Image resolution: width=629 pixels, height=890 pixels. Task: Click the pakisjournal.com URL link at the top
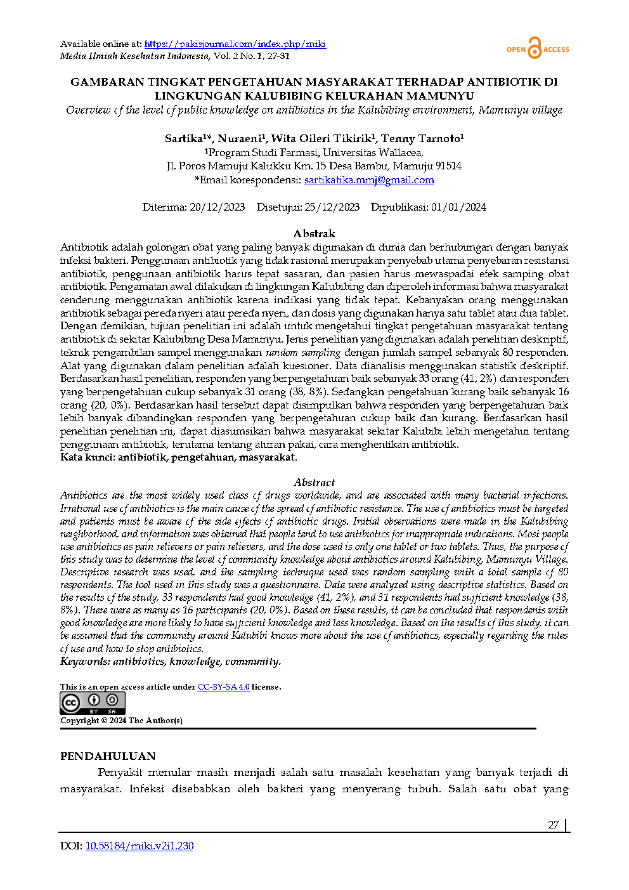point(235,44)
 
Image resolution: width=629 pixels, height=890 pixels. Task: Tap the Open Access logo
point(538,49)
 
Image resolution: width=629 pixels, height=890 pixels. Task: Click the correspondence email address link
point(369,180)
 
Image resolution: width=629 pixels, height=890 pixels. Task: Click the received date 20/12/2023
point(217,207)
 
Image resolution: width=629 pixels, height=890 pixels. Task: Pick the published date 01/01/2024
point(458,207)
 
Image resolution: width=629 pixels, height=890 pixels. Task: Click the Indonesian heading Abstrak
point(314,233)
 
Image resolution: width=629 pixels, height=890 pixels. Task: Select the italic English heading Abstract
point(314,482)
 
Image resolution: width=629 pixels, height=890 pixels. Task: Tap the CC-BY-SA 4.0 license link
point(223,687)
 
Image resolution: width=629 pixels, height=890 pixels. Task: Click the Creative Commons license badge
point(93,703)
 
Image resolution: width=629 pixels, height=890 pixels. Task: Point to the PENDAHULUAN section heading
point(108,756)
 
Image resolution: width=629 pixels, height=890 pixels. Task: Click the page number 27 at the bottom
point(553,825)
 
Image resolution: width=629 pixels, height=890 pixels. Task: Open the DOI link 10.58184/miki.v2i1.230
point(139,846)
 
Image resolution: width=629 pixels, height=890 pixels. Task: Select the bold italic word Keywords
point(84,662)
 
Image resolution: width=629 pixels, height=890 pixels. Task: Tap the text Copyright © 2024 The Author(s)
point(121,721)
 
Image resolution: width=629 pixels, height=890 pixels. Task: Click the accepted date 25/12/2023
point(332,207)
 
